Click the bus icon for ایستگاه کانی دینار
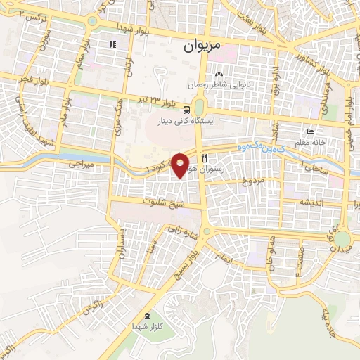[x=186, y=110]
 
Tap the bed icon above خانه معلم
[x=310, y=132]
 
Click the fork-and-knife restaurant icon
[x=204, y=158]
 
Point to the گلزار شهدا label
[x=146, y=328]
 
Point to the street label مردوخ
[x=252, y=181]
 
